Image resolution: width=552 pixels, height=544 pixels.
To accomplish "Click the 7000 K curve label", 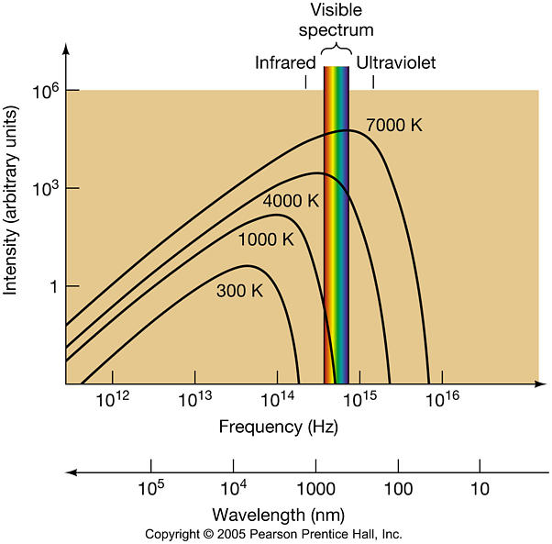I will (393, 125).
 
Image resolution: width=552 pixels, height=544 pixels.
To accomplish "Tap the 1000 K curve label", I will (265, 240).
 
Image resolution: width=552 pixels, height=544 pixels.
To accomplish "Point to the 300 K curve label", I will (239, 292).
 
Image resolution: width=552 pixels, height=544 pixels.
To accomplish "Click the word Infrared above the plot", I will (284, 63).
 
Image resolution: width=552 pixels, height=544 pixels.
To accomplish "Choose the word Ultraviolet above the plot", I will (395, 63).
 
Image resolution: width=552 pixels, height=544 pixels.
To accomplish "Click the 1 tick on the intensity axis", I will (52, 286).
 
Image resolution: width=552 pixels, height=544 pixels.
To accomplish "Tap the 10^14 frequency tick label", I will (277, 401).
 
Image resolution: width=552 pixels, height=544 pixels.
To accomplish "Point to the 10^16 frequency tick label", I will (442, 401).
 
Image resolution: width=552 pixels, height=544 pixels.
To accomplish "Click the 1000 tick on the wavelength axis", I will (315, 486).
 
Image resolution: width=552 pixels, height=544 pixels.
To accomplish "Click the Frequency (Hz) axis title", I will (265, 427).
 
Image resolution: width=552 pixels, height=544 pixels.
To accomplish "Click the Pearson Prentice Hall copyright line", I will (273, 533).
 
